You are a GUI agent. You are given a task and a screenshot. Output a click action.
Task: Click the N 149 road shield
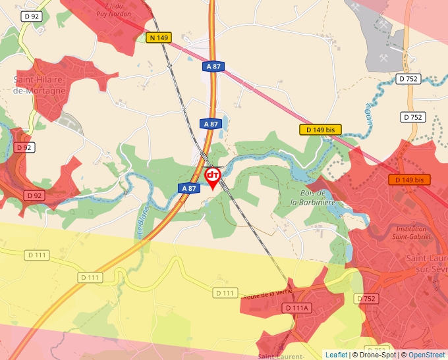point(159,38)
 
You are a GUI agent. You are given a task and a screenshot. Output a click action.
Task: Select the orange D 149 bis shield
point(409,180)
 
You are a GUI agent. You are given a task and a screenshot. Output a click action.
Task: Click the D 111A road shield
point(298,308)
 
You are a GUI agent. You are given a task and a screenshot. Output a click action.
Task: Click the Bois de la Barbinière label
point(313,198)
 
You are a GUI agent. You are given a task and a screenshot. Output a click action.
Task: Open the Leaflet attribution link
point(336,355)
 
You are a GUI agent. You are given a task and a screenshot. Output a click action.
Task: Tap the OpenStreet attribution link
point(427,355)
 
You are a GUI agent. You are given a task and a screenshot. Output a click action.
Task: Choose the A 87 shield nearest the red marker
point(189,188)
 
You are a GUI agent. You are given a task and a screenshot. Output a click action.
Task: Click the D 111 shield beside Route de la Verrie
point(225,293)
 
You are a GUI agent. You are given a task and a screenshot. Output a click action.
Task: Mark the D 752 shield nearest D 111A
point(367,299)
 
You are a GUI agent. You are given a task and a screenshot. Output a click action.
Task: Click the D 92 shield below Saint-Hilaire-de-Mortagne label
point(24,147)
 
